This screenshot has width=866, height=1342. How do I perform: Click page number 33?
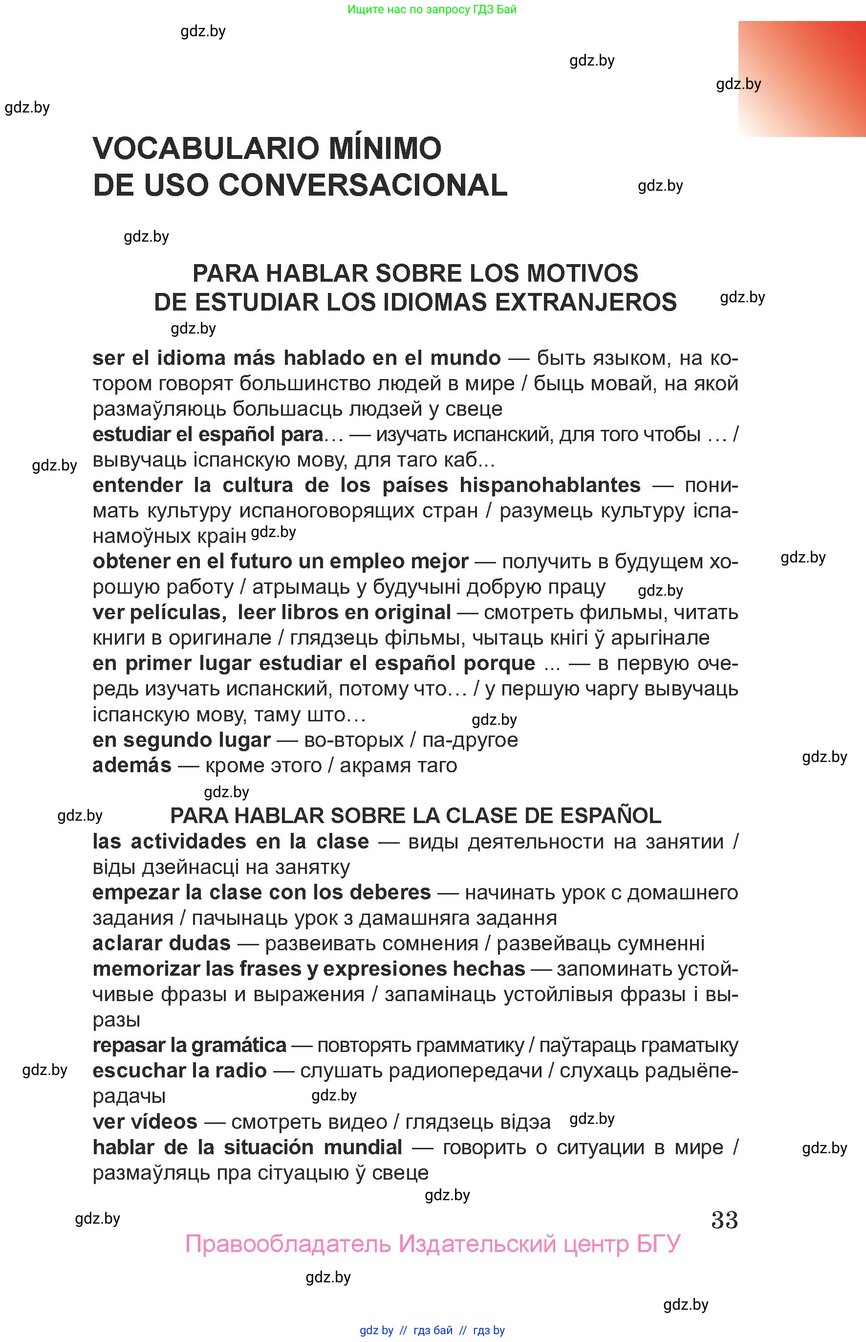pos(724,1220)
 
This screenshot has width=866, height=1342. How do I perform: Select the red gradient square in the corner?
pos(802,79)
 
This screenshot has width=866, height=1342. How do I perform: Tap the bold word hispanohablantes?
pos(550,485)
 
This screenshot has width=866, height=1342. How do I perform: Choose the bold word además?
pos(131,765)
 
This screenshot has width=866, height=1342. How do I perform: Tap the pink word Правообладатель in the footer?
pos(287,1244)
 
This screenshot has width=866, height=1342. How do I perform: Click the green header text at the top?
pos(432,9)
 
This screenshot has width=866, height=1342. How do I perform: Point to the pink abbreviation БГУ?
pos(658,1244)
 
